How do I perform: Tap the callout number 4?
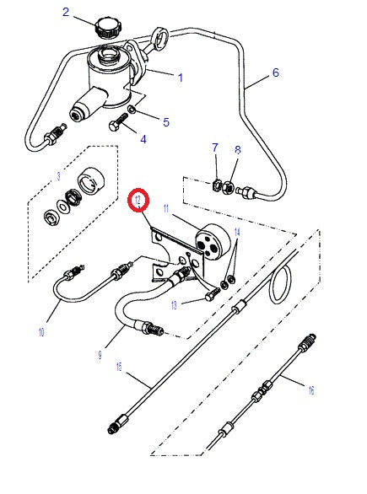[x=143, y=139]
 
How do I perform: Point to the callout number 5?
[x=166, y=122]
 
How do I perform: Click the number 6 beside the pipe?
[x=275, y=73]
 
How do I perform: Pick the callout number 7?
[x=215, y=148]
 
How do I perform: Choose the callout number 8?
[x=237, y=150]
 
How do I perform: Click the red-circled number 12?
[x=138, y=201]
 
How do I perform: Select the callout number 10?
[x=40, y=332]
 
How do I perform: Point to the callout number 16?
[x=311, y=390]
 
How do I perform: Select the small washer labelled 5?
[x=133, y=110]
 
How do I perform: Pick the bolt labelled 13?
[x=210, y=294]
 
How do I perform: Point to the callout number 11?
[x=166, y=207]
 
